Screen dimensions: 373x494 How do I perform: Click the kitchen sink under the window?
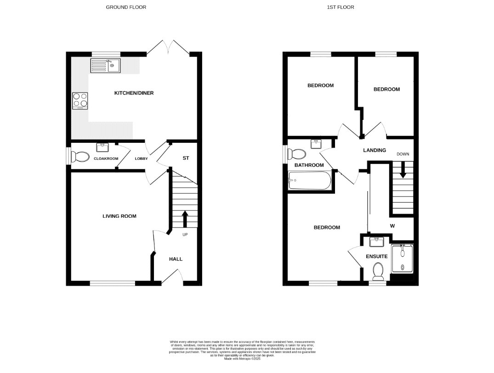pyautogui.click(x=105, y=66)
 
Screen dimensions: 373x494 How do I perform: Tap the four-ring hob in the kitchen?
pyautogui.click(x=80, y=100)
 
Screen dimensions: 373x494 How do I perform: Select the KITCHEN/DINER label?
pyautogui.click(x=134, y=93)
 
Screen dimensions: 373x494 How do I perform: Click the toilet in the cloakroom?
pyautogui.click(x=80, y=158)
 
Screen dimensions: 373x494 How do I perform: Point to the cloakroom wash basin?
pyautogui.click(x=102, y=147)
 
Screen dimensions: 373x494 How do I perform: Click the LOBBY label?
pyautogui.click(x=141, y=159)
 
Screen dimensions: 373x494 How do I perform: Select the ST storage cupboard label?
pyautogui.click(x=186, y=158)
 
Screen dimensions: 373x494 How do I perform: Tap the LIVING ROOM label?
pyautogui.click(x=119, y=216)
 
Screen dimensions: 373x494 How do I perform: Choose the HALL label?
pyautogui.click(x=176, y=259)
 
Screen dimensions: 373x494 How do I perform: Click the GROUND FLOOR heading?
pyautogui.click(x=126, y=7)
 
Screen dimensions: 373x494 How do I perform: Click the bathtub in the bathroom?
pyautogui.click(x=309, y=181)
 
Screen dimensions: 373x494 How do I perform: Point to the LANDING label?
pyautogui.click(x=374, y=150)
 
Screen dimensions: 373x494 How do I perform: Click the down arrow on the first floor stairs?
pyautogui.click(x=403, y=171)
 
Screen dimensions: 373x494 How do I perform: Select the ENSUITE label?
pyautogui.click(x=377, y=256)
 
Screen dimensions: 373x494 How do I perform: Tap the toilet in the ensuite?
pyautogui.click(x=379, y=271)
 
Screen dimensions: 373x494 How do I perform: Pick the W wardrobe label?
pyautogui.click(x=392, y=226)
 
